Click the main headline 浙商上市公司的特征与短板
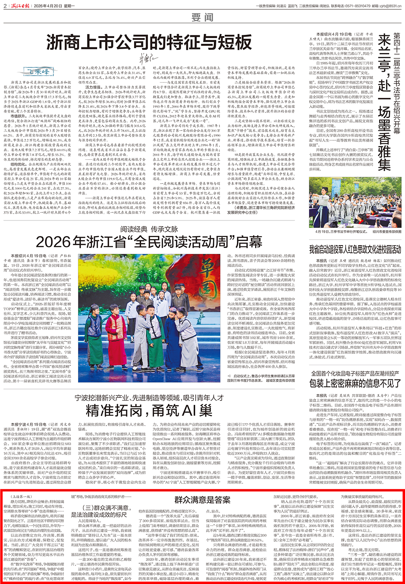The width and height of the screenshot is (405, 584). click(x=149, y=42)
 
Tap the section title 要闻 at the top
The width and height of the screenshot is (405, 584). click(x=202, y=17)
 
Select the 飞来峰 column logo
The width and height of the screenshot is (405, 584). click(x=40, y=72)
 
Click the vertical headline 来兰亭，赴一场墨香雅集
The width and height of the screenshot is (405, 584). click(x=384, y=101)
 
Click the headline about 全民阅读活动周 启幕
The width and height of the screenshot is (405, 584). click(x=149, y=242)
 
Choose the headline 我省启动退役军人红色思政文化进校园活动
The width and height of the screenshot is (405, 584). click(x=355, y=249)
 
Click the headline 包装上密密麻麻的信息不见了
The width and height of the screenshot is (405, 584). click(x=355, y=383)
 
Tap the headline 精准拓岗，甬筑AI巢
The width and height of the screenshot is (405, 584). click(x=149, y=410)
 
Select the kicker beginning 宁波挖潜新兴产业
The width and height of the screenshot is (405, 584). click(x=149, y=398)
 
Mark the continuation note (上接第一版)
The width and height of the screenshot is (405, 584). click(x=23, y=496)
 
